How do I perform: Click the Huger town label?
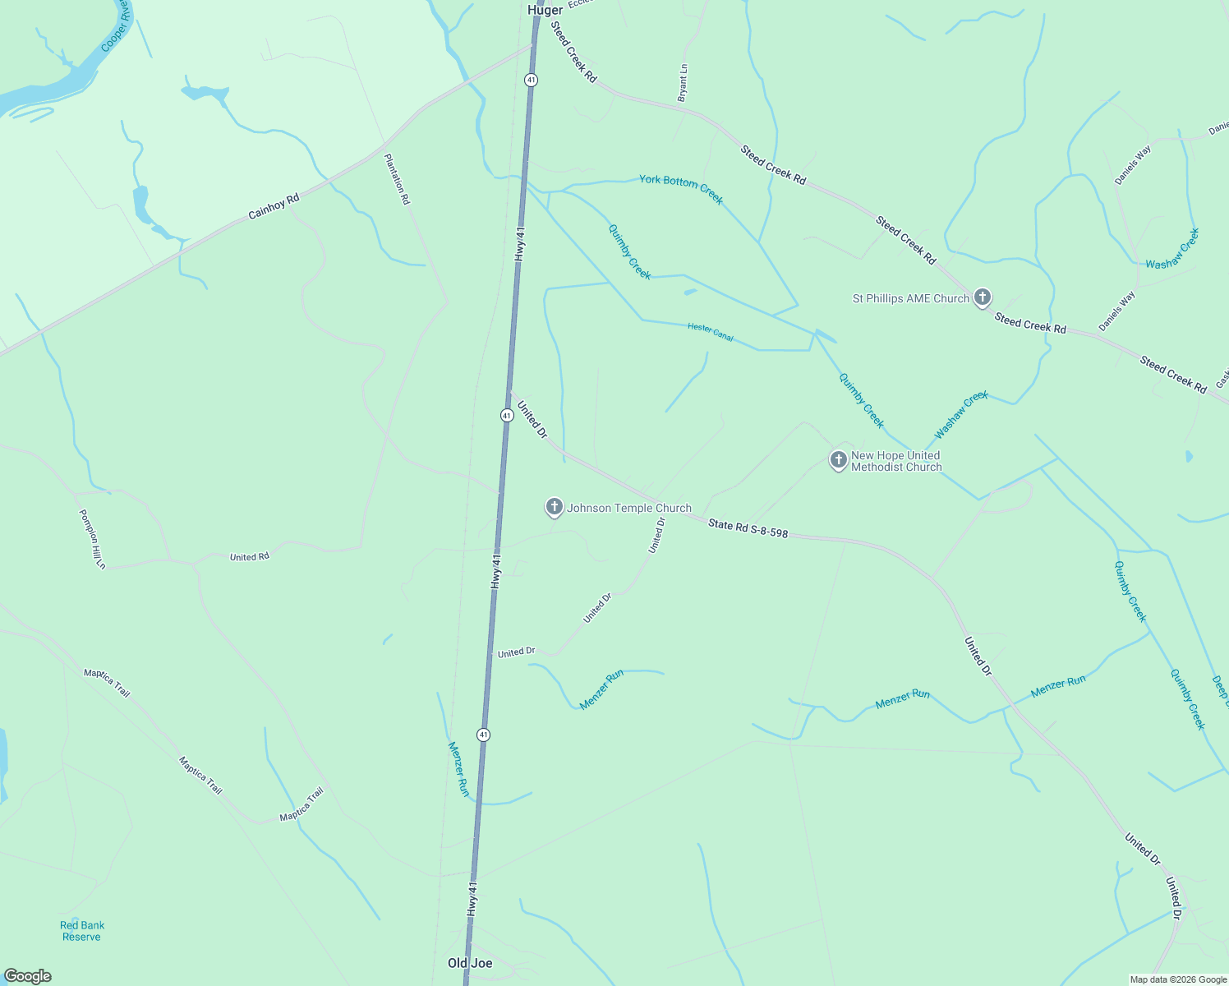point(545,10)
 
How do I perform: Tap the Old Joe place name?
point(470,963)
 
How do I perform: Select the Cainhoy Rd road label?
point(274,205)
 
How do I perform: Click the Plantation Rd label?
point(397,179)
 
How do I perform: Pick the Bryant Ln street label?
point(683,83)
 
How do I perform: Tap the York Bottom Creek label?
point(681,189)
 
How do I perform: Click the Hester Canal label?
point(710,332)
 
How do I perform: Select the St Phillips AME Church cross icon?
point(982,297)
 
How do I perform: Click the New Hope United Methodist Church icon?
point(838,459)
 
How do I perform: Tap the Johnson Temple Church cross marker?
point(555,507)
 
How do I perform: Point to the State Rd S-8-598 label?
point(748,528)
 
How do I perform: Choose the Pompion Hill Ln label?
point(93,539)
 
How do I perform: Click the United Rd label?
point(250,557)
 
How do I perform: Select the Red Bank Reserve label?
point(82,931)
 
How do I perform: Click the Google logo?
point(28,976)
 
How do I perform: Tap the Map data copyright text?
point(1177,979)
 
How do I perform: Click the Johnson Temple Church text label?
point(629,509)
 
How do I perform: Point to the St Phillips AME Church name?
point(911,299)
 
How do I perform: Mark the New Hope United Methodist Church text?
point(896,461)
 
